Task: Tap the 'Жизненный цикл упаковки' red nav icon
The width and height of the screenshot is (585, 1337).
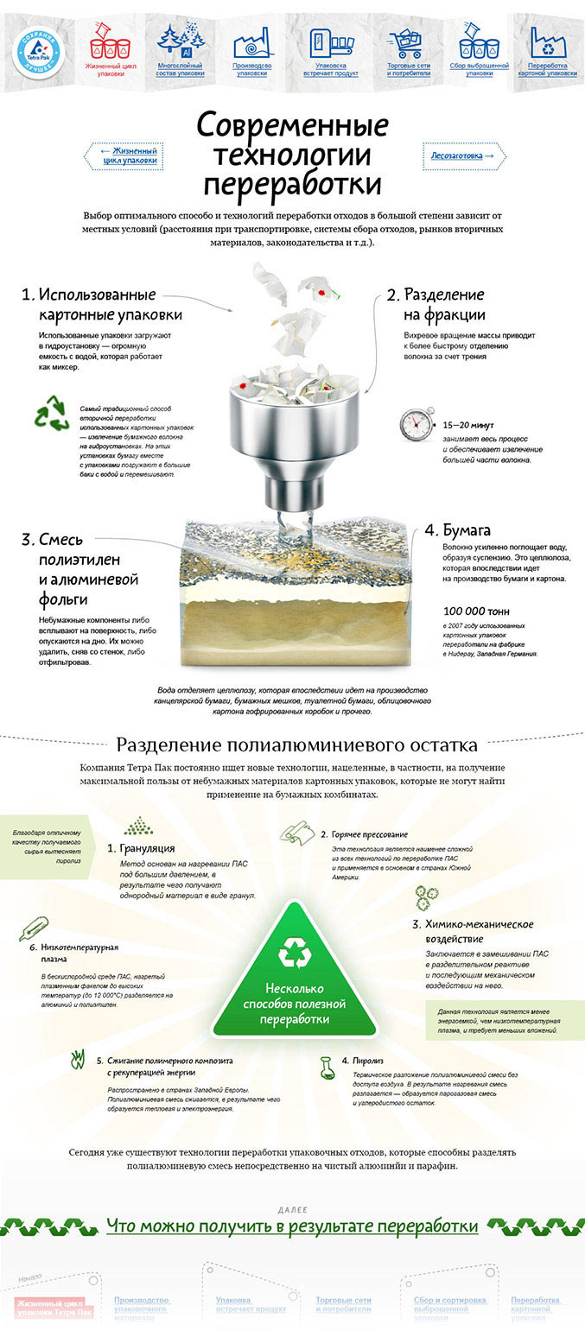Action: point(110,40)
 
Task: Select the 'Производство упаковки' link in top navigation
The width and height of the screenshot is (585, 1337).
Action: point(251,69)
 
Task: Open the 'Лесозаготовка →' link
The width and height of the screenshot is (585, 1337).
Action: point(464,155)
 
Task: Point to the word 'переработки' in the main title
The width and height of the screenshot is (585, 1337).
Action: point(292,184)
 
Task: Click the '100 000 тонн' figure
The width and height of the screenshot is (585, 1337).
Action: point(477,610)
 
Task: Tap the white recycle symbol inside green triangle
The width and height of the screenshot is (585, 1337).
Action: point(294,954)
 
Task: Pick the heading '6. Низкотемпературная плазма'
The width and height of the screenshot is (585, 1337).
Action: point(79,953)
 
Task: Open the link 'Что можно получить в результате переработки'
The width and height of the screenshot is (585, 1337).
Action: point(292,1226)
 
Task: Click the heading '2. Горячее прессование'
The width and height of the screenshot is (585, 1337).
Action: point(364,834)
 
